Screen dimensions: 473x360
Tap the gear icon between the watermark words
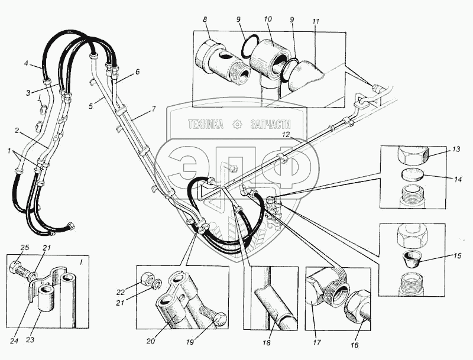point(238,124)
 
